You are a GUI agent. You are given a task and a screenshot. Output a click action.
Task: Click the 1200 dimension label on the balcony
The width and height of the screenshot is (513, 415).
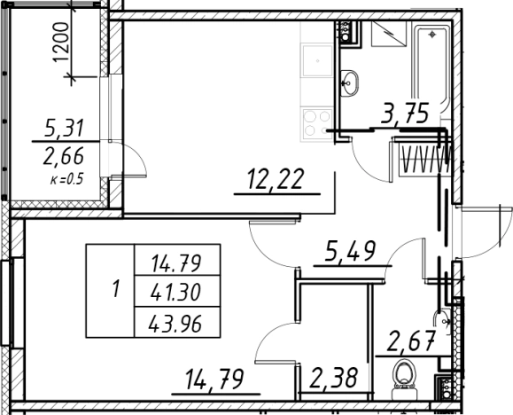coord(61,42)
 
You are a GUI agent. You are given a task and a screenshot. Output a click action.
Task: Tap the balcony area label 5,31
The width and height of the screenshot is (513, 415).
coord(64,128)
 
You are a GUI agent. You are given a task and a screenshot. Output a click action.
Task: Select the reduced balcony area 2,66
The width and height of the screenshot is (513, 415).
coord(64,156)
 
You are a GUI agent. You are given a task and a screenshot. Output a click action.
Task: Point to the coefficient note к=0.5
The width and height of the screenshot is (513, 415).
coord(66,179)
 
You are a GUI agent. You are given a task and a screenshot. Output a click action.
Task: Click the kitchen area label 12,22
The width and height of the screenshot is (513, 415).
coord(276,179)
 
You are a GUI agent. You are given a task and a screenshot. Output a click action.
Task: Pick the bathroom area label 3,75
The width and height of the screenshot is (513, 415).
coord(405,114)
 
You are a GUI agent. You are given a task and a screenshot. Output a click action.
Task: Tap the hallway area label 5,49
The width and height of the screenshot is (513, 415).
coord(350,251)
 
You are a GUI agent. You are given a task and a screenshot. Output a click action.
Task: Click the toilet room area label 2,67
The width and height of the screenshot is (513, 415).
coord(412,341)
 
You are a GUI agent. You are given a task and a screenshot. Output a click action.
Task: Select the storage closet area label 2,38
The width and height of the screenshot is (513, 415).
coord(333,379)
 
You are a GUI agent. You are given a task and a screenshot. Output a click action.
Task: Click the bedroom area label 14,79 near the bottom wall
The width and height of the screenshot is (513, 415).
coord(214,380)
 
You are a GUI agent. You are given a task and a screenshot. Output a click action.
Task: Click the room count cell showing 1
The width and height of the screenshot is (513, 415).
coord(110,291)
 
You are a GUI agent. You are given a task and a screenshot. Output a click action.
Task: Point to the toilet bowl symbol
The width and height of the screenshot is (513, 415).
coord(404,379)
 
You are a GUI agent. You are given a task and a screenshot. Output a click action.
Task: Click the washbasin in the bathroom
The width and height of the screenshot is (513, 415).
coord(349,82)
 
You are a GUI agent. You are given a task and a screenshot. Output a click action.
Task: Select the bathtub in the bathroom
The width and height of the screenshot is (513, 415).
coord(431,67)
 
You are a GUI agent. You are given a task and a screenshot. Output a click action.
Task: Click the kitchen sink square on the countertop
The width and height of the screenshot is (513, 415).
coord(317,61)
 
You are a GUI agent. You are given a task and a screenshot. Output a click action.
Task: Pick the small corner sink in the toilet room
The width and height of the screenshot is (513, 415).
coord(442,322)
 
